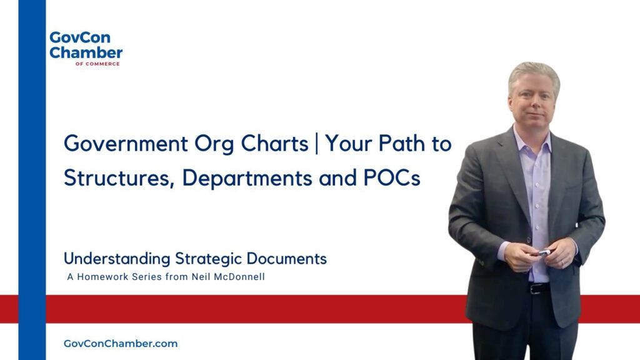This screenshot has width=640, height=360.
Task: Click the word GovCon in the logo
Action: click(x=80, y=37)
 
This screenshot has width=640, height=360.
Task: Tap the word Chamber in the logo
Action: click(x=86, y=52)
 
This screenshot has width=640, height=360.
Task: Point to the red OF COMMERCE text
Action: click(x=97, y=64)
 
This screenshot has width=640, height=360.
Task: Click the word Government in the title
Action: click(x=126, y=144)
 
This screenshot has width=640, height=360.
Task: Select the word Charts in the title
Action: click(x=275, y=143)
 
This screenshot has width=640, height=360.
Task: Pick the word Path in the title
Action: click(x=402, y=143)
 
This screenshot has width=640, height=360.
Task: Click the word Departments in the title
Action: click(x=247, y=179)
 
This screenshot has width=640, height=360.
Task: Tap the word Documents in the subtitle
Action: click(x=286, y=259)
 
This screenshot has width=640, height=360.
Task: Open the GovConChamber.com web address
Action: click(x=121, y=344)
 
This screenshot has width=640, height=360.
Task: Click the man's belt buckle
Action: click(x=534, y=289)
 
